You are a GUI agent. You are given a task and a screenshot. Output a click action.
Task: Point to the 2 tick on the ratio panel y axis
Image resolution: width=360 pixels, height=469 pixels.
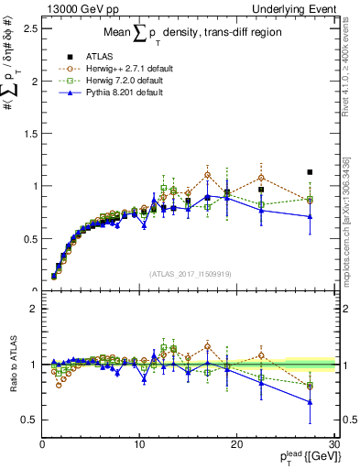coord(33,309)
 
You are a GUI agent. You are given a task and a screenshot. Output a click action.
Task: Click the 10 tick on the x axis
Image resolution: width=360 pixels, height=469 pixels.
coord(139,442)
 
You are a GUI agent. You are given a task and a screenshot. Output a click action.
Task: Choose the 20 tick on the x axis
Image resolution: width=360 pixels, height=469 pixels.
coord(236,442)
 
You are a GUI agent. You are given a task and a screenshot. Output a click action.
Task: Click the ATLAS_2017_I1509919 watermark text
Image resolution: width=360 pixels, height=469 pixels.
coord(189,273)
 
